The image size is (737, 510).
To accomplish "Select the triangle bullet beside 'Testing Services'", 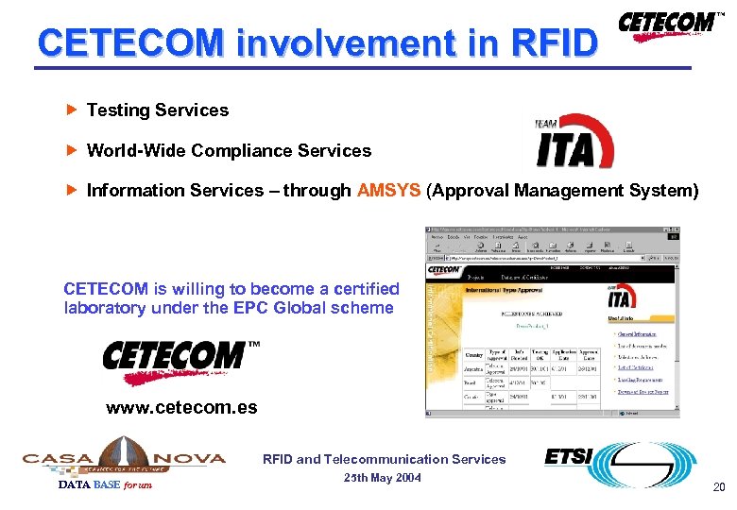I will click(x=73, y=110).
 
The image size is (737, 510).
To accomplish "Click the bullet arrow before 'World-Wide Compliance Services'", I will click(x=73, y=150).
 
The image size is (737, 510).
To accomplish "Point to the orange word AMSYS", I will click(x=389, y=191).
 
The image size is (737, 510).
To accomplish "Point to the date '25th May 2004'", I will click(x=383, y=478).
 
